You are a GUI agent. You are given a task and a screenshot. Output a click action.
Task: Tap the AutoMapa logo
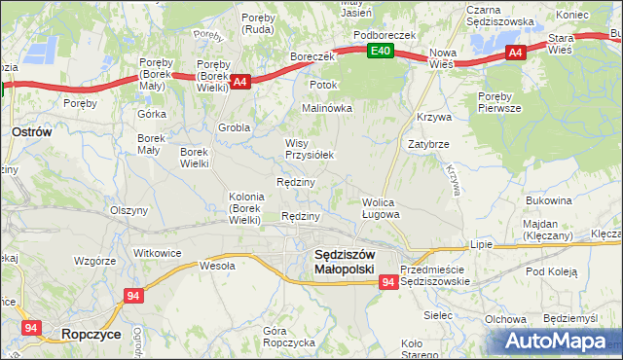pyautogui.click(x=560, y=342)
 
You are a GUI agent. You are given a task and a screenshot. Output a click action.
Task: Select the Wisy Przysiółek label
pyautogui.click(x=309, y=148)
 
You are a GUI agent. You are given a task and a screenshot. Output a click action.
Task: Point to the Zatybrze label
pyautogui.click(x=428, y=143)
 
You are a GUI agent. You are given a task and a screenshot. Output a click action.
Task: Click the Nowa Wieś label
pyautogui.click(x=443, y=57)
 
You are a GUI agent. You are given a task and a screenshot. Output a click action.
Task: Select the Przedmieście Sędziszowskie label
pyautogui.click(x=435, y=274)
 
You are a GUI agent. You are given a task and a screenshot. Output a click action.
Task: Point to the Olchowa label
pyautogui.click(x=505, y=319)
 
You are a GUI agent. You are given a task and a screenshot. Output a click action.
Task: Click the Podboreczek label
pyautogui.click(x=385, y=34)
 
